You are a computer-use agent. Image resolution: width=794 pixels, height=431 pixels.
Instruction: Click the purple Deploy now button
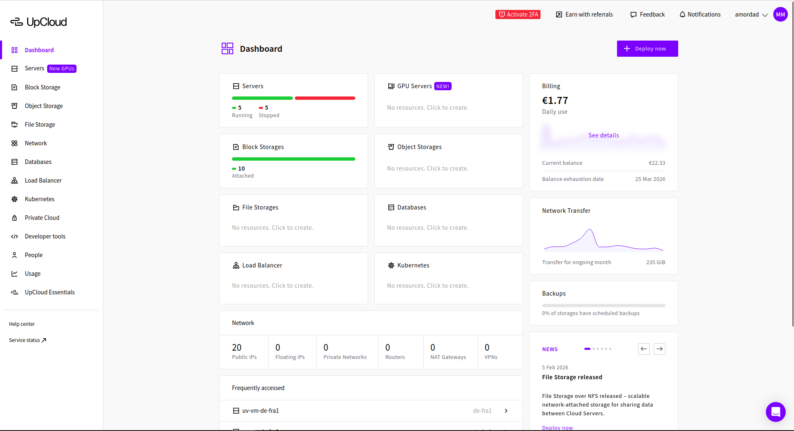click(x=647, y=48)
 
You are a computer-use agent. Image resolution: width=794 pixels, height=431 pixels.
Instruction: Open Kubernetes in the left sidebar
click(x=39, y=199)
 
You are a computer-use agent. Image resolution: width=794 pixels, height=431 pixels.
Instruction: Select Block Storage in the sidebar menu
click(x=42, y=87)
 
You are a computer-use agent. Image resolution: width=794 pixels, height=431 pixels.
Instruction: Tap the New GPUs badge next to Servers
click(x=62, y=69)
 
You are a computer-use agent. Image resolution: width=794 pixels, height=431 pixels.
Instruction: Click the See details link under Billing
click(x=603, y=135)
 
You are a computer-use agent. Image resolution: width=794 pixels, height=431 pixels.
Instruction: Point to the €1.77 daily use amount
click(x=555, y=101)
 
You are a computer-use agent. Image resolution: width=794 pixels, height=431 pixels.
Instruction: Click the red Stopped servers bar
click(x=325, y=98)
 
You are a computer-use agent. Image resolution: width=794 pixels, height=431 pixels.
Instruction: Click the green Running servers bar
click(x=262, y=98)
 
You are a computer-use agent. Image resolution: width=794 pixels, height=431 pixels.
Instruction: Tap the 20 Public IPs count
click(x=237, y=347)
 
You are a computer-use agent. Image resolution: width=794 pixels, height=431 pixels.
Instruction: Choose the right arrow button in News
click(x=660, y=349)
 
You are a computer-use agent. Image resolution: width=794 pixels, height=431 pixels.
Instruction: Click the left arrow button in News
click(x=643, y=349)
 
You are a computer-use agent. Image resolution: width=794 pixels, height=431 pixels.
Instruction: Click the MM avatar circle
click(x=780, y=14)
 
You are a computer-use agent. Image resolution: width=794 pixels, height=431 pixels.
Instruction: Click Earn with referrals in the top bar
click(x=584, y=14)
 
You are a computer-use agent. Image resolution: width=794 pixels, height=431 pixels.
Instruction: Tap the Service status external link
click(x=27, y=340)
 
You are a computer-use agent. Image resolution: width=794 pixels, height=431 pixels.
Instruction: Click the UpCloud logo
click(x=38, y=22)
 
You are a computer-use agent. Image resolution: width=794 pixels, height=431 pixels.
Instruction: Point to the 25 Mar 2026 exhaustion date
click(x=650, y=179)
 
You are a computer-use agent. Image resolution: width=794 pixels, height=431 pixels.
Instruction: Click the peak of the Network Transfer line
click(x=590, y=229)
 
